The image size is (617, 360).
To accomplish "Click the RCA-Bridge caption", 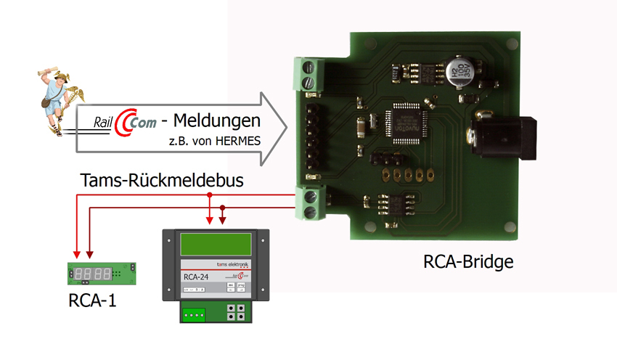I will [x=468, y=262].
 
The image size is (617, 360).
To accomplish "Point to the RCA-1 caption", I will [x=93, y=299].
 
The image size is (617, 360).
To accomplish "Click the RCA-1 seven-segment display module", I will [x=99, y=274].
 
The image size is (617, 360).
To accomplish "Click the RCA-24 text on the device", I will [x=192, y=276].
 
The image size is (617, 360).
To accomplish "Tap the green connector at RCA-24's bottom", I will [x=194, y=314].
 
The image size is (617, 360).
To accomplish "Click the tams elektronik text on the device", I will [x=226, y=266].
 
